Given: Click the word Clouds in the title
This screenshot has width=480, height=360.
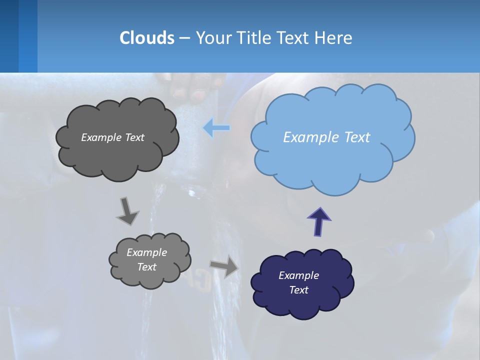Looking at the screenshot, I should coord(147,38).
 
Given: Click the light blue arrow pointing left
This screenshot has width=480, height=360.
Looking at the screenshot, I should coord(216,128).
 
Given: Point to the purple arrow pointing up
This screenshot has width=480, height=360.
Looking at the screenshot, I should coord(319,221).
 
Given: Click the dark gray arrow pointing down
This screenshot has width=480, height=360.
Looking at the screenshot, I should coord(127,211).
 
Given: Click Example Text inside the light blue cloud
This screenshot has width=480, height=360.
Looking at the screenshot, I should coord(326,137).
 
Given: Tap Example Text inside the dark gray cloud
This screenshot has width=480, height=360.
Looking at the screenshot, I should coord(112,137).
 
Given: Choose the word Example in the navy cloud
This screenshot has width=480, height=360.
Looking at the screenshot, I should coord(298,275).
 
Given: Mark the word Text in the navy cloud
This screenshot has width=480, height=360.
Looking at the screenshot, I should coord(298,290).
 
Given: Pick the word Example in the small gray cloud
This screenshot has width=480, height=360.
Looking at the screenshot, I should coord(146,252).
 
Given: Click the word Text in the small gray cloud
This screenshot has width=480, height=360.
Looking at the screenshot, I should coord(146,267).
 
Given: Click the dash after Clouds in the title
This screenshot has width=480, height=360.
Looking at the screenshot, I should coord(184,38).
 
